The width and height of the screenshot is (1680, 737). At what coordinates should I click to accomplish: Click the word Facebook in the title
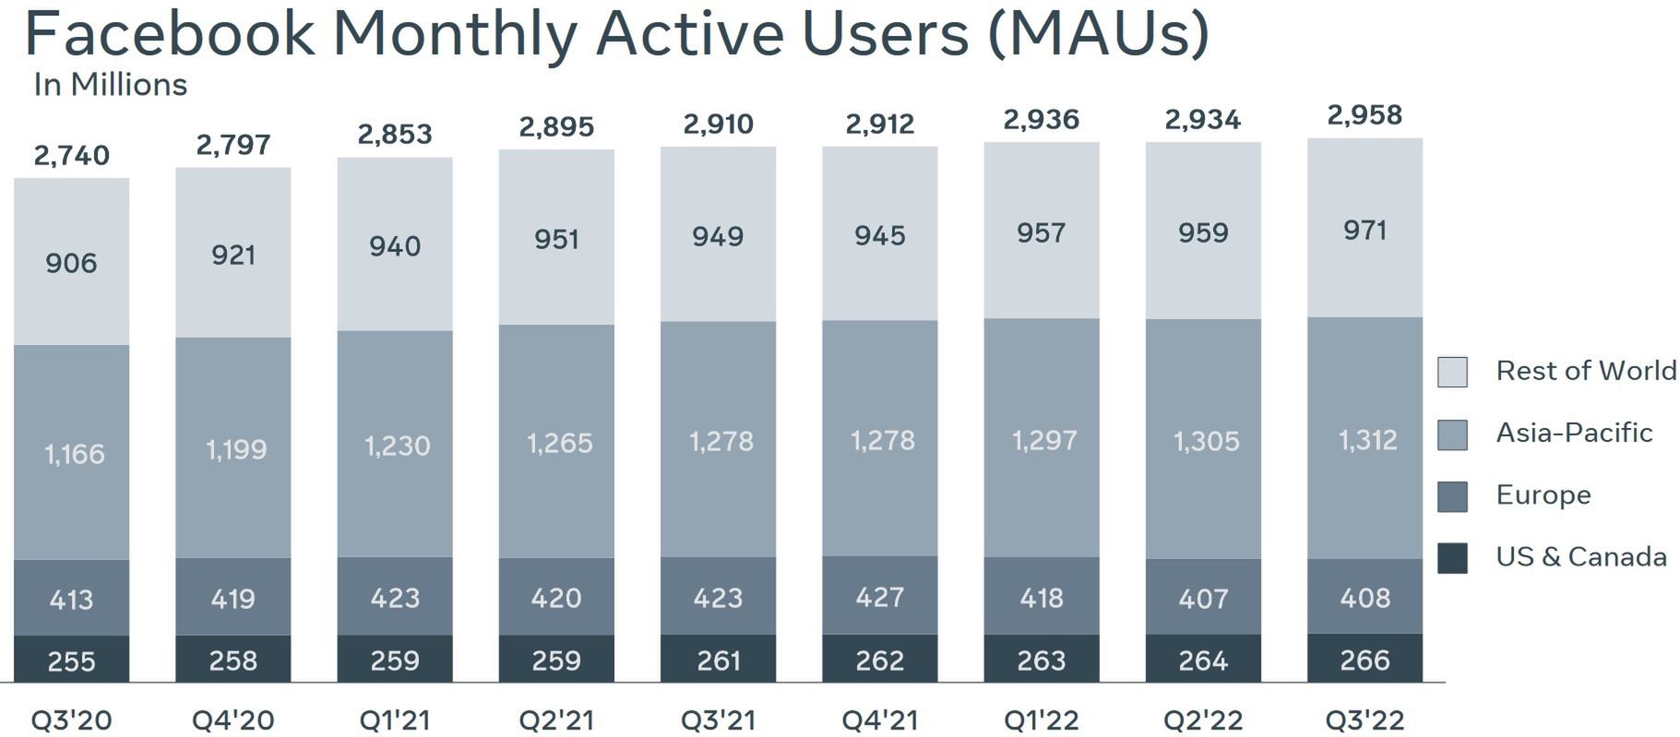coord(169,33)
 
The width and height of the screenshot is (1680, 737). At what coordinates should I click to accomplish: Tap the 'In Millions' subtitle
coord(110,85)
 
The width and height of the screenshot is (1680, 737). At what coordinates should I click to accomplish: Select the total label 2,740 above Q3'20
coord(71,155)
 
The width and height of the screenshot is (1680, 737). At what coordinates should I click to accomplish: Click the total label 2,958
coord(1364,115)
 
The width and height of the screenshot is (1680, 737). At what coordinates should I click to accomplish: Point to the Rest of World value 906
coord(71,263)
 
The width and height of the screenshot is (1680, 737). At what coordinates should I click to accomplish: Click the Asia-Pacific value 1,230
coord(397,446)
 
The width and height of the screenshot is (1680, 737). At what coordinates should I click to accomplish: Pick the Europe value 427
coord(879,598)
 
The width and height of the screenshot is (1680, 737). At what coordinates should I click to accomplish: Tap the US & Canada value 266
coord(1364,660)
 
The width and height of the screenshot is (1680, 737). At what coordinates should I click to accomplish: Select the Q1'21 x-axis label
coord(395,719)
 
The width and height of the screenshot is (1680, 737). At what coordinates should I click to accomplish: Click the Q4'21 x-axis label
coord(879,719)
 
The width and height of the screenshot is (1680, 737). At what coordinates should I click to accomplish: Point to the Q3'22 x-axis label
coord(1364,719)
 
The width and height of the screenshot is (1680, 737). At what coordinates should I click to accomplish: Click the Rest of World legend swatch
coord(1452,372)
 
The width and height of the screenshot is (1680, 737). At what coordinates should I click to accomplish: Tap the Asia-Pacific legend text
coord(1574,433)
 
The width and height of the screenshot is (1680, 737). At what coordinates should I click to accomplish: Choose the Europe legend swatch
coord(1452,496)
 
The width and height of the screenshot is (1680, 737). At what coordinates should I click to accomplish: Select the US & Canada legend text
coord(1580,557)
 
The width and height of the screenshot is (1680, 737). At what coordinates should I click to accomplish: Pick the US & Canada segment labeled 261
coord(718,660)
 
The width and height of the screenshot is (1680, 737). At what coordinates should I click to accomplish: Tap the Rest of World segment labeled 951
coord(556,240)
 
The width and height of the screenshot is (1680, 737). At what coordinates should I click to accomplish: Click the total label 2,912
coord(879,124)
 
